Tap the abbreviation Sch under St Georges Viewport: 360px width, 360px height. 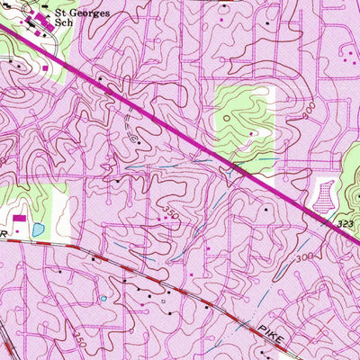click(x=64, y=24)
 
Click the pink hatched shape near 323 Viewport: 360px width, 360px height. click(x=325, y=193)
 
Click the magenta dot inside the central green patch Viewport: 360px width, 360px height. click(x=252, y=133)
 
